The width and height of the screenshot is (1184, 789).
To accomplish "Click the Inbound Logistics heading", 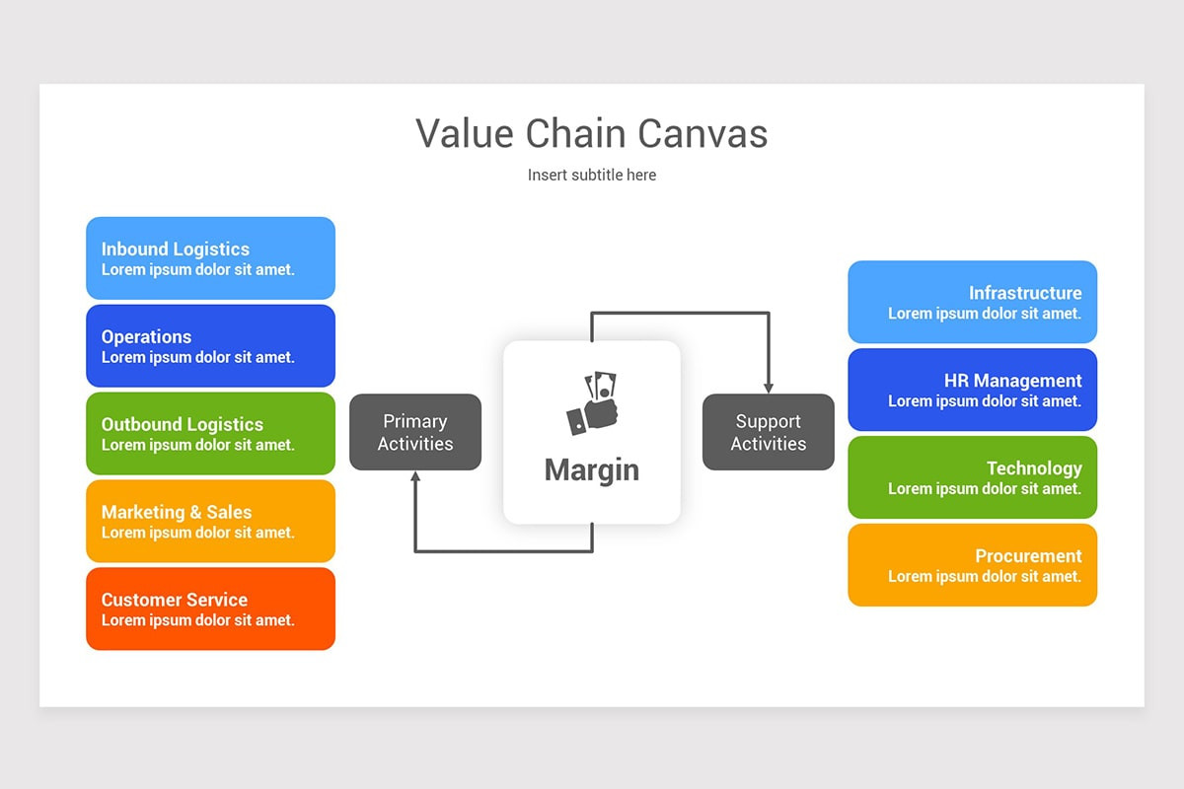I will (175, 250).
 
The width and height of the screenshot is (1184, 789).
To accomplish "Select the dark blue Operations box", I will (210, 346).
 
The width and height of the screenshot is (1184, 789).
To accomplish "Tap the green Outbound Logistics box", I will (210, 434).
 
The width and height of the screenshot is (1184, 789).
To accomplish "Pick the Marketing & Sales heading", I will (176, 512).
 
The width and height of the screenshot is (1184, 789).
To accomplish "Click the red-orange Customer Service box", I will (210, 609).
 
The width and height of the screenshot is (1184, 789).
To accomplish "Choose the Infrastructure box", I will (972, 302).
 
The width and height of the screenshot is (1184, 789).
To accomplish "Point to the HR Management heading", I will (1012, 381).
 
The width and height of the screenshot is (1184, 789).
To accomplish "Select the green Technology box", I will (972, 477).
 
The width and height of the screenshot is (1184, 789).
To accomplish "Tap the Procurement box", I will (972, 565).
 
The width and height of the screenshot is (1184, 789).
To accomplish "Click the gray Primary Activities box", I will (415, 432).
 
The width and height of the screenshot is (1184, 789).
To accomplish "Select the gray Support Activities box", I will (768, 432).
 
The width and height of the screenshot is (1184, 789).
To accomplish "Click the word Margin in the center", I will (591, 469).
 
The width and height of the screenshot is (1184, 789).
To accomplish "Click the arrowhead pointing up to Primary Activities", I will (415, 477).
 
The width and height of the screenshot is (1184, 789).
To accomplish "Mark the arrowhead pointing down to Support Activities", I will (768, 388).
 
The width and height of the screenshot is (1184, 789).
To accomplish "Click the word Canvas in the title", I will (703, 133).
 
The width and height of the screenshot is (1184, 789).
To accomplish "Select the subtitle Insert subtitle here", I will (591, 175).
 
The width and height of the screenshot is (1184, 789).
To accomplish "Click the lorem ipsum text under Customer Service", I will (197, 620).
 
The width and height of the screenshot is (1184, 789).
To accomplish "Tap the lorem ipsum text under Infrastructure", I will (984, 314).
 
